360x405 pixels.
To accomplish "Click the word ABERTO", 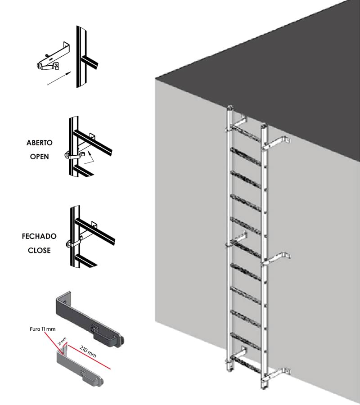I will [40, 143].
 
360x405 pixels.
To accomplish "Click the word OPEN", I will [39, 157].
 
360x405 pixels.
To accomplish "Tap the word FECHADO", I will [39, 236].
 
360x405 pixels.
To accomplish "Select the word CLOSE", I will [39, 250].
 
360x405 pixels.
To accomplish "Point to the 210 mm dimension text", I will [88, 353].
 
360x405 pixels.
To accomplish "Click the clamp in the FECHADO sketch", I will [74, 243].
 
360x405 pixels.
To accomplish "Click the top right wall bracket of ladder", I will [278, 142].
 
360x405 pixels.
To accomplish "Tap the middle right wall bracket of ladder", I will [278, 258].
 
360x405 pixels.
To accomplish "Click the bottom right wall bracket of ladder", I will [278, 372].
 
